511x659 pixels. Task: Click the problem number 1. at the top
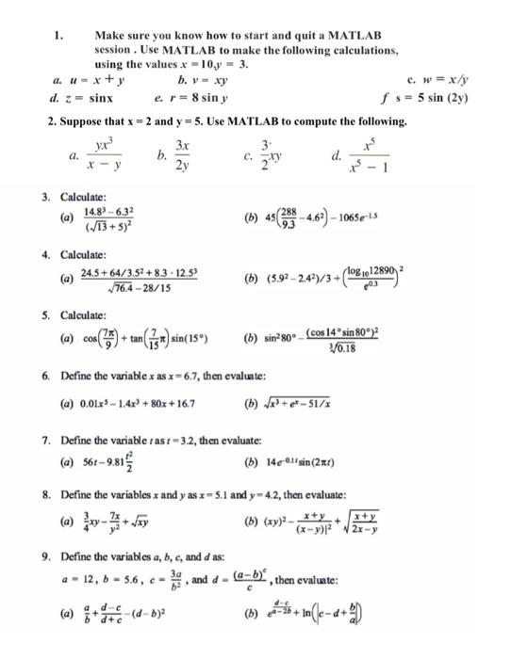pos(58,36)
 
